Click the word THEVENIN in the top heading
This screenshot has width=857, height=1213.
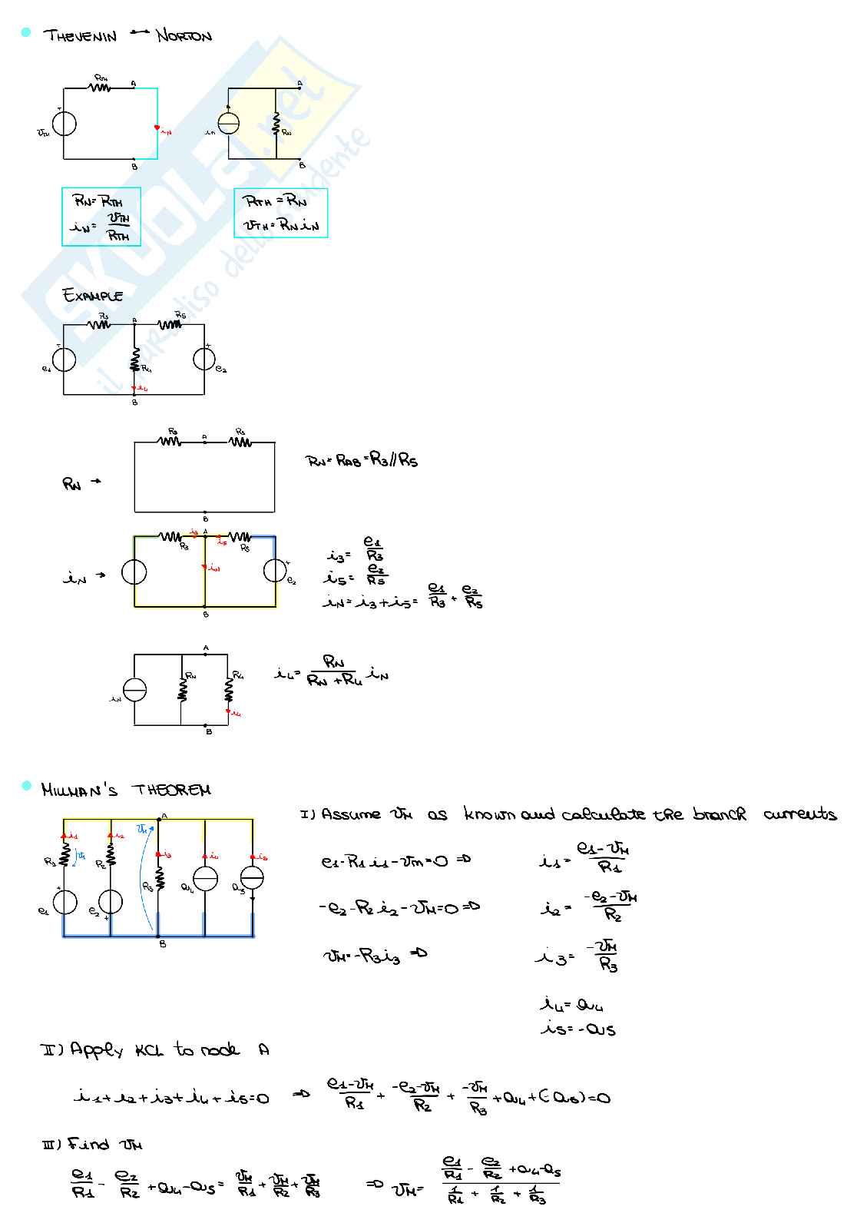coord(80,35)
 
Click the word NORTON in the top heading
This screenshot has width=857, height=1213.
coord(184,35)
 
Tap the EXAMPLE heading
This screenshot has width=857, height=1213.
coord(93,295)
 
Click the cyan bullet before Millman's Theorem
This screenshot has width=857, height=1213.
coord(26,785)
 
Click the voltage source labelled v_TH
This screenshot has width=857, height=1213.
coord(64,123)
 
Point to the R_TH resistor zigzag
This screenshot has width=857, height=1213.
coord(100,87)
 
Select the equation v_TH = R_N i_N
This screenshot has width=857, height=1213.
coord(280,225)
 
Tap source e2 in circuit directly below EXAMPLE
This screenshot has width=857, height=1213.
coord(204,359)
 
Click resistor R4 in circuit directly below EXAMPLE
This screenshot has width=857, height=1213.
coord(134,360)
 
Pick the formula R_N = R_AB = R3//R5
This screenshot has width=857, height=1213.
coord(362,461)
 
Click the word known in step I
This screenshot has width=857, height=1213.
coord(490,814)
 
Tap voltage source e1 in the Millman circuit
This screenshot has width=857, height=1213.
coord(65,902)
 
